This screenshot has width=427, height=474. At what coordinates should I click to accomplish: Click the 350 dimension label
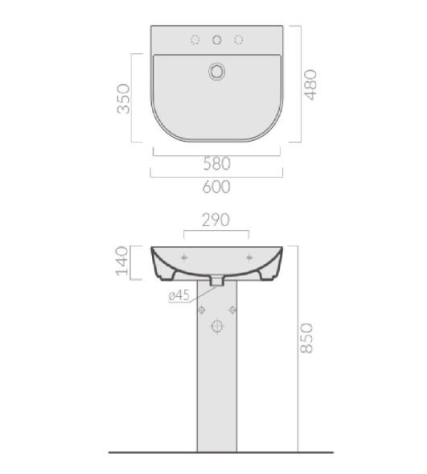pyautogui.click(x=124, y=99)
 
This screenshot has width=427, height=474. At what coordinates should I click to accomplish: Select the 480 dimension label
pyautogui.click(x=310, y=84)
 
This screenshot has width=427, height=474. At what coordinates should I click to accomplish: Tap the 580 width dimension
pyautogui.click(x=217, y=163)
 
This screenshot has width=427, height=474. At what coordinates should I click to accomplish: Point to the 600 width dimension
pyautogui.click(x=216, y=187)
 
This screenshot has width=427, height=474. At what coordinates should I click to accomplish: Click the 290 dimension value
pyautogui.click(x=216, y=220)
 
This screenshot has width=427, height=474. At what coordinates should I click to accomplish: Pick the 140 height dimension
pyautogui.click(x=122, y=261)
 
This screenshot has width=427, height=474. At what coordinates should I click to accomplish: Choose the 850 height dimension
pyautogui.click(x=307, y=338)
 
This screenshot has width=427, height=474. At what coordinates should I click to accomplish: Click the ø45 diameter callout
pyautogui.click(x=179, y=295)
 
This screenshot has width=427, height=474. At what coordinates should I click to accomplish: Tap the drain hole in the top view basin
pyautogui.click(x=217, y=72)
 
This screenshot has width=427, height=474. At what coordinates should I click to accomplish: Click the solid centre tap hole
pyautogui.click(x=217, y=39)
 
